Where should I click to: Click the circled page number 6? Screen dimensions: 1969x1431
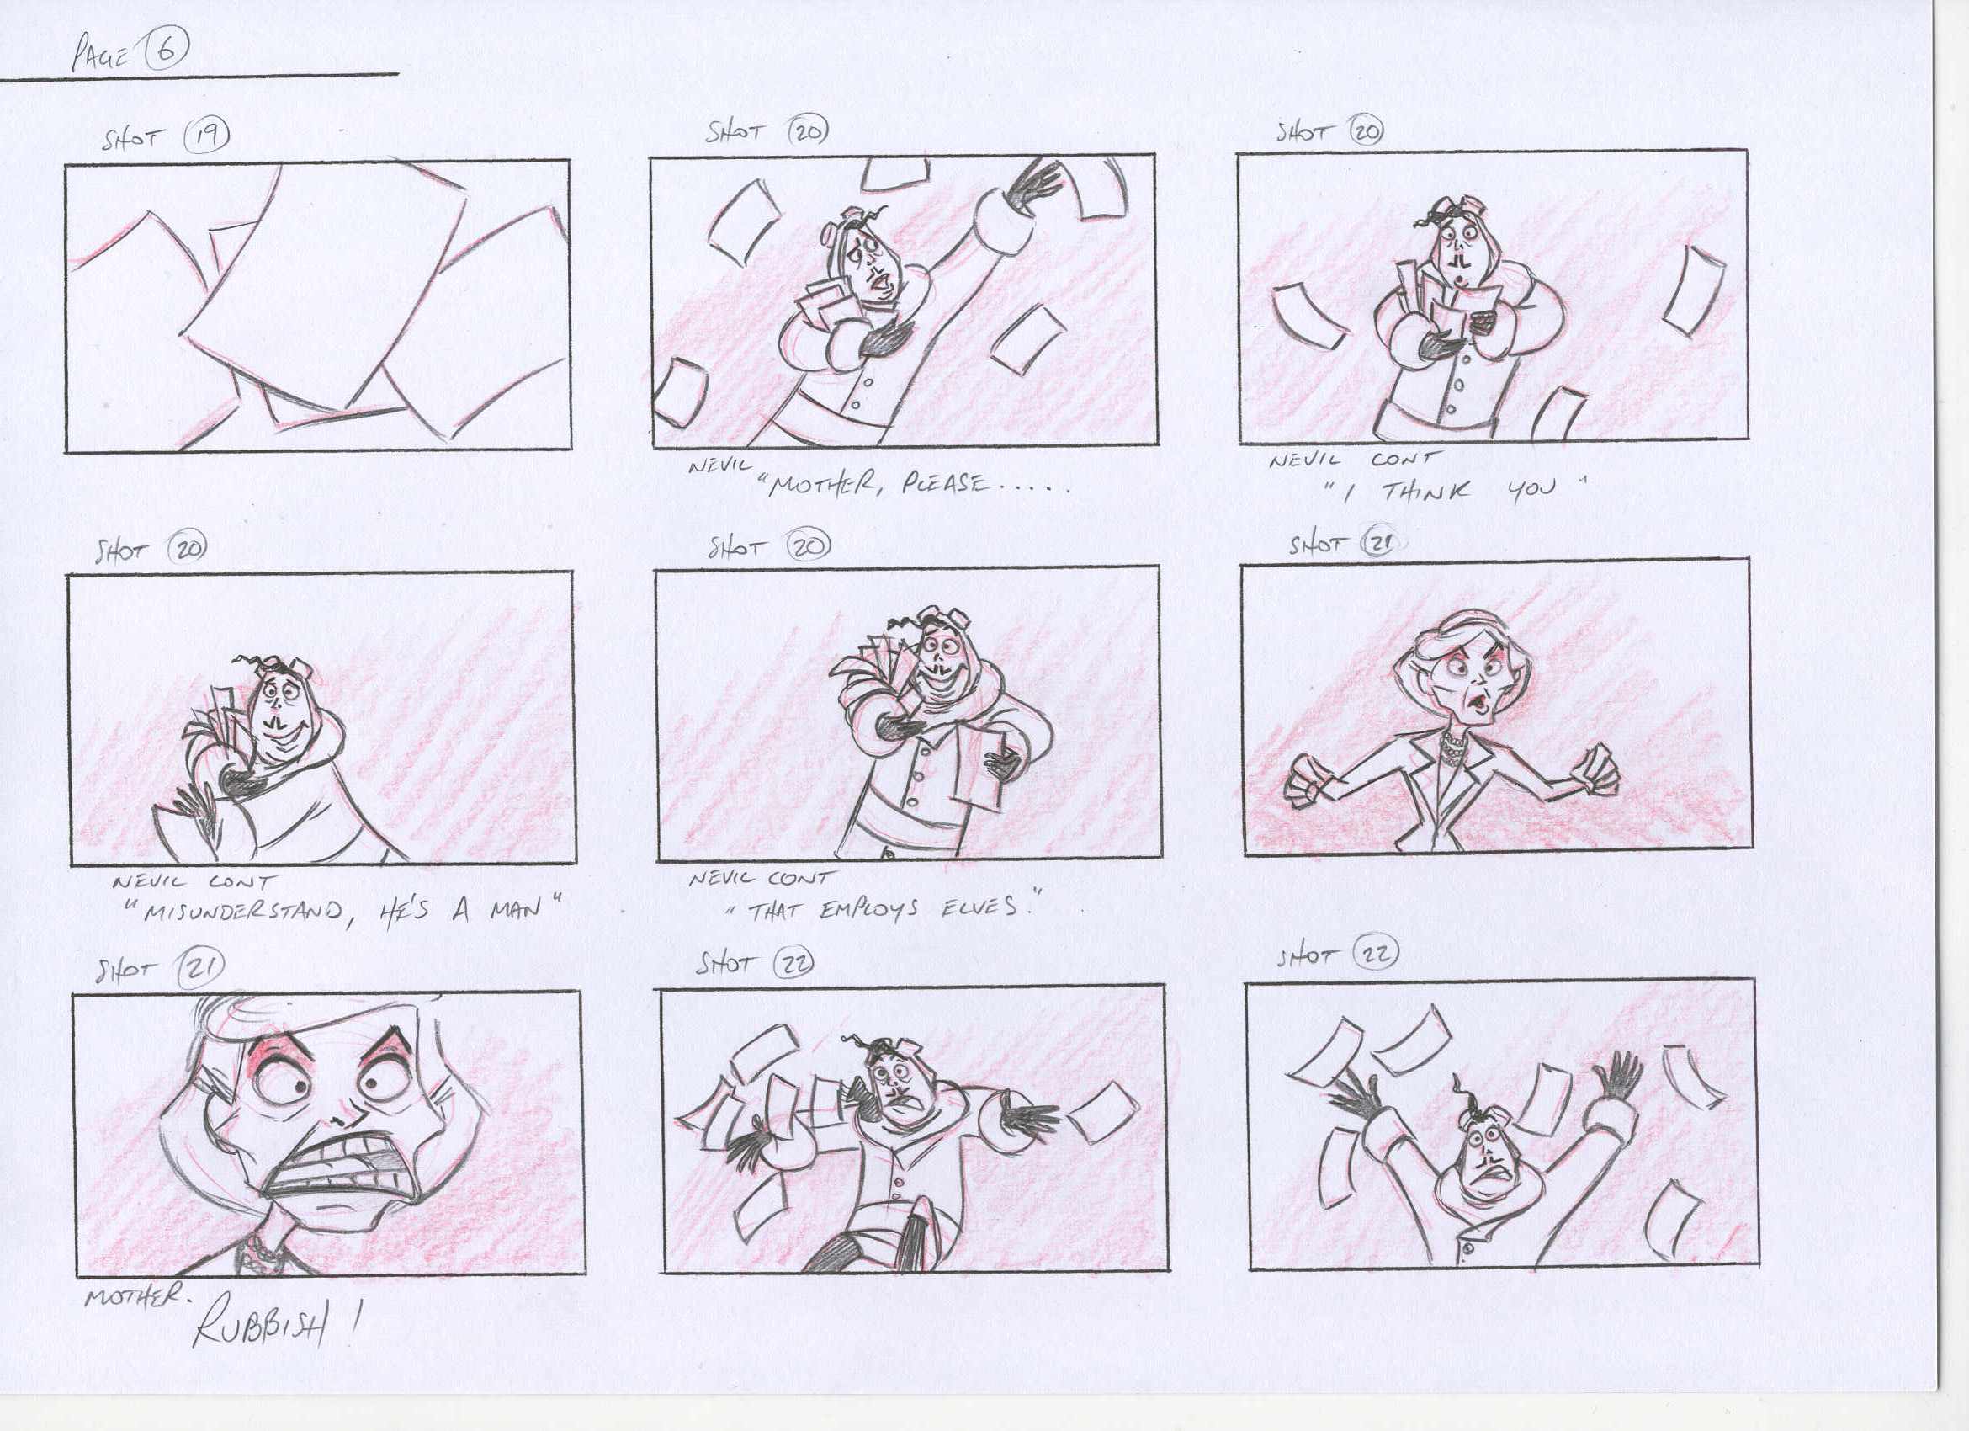pyautogui.click(x=166, y=51)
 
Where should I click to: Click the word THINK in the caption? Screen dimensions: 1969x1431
pyautogui.click(x=1426, y=492)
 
